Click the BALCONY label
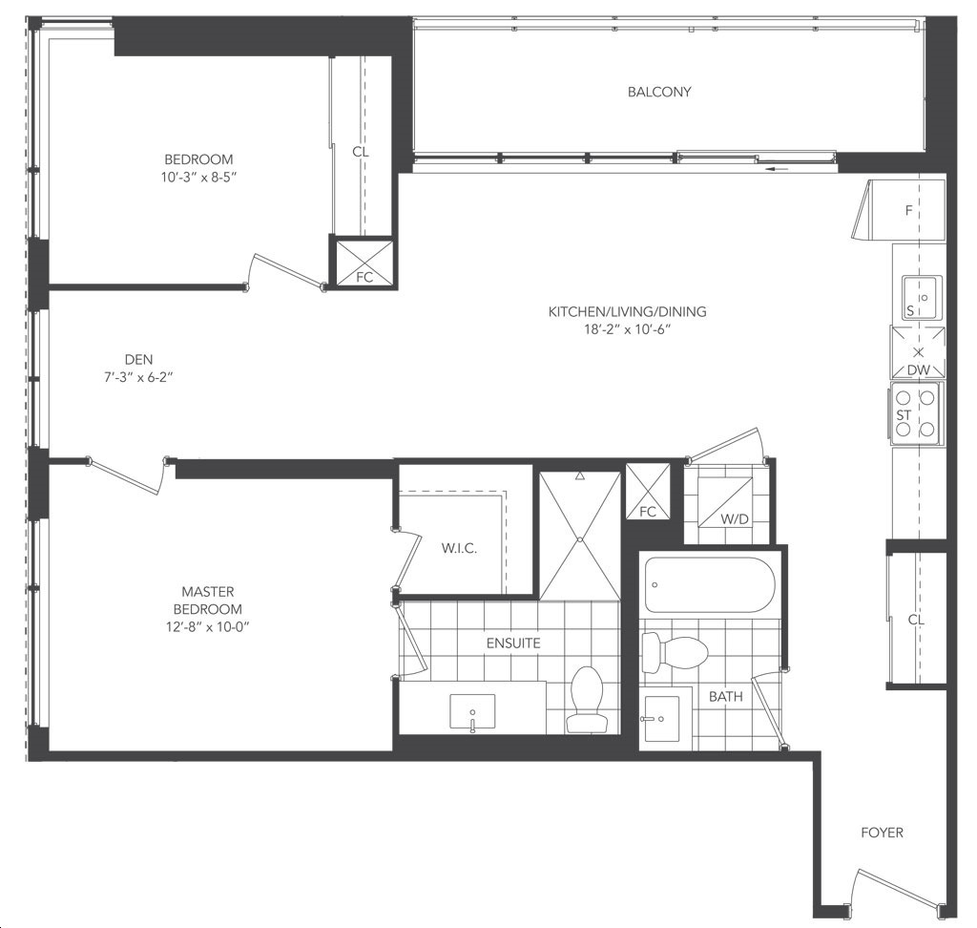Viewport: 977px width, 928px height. point(659,92)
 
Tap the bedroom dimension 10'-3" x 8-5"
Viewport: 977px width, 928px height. point(198,178)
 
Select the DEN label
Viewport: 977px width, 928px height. point(138,359)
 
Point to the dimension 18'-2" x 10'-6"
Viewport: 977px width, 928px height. point(626,329)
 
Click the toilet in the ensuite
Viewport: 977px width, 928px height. point(587,699)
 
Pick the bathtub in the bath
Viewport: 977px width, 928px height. point(709,585)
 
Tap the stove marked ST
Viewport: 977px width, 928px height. point(915,412)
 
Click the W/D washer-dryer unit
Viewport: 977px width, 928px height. point(725,502)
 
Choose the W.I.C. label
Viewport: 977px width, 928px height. point(459,549)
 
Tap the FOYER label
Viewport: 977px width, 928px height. point(882,833)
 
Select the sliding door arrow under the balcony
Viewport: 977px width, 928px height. point(776,168)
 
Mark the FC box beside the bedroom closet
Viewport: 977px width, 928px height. point(364,262)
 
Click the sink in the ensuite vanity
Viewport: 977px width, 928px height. point(472,711)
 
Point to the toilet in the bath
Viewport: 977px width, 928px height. point(675,652)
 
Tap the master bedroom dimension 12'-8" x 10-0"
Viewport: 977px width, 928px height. point(208,626)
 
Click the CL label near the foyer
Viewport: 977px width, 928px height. point(916,620)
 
